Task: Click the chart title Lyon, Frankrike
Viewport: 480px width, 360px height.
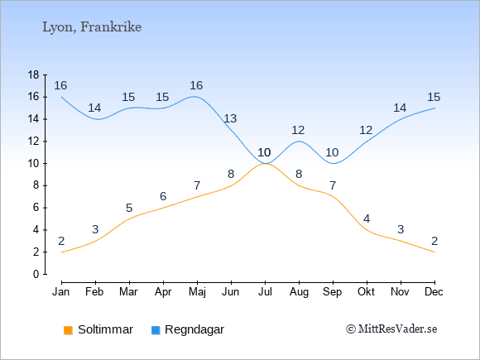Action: (92, 27)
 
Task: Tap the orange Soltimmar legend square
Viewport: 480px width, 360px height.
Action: (68, 330)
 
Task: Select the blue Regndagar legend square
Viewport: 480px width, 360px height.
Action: (156, 330)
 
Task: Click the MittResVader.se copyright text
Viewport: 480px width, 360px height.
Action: (391, 329)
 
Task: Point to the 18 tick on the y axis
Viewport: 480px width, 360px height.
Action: (33, 74)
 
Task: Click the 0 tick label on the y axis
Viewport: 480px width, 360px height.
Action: (36, 274)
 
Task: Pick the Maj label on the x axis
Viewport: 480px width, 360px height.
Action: (197, 292)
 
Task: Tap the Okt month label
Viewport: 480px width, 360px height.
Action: (366, 292)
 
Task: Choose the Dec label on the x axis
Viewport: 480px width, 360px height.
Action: (434, 292)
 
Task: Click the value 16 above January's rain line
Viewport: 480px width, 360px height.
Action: (60, 85)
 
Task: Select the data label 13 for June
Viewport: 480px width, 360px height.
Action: (230, 118)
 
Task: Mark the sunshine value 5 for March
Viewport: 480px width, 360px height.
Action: (129, 209)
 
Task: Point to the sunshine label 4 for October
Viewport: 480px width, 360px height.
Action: (367, 218)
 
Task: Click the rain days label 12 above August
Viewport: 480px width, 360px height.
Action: (298, 131)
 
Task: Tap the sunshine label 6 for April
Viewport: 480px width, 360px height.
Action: (163, 196)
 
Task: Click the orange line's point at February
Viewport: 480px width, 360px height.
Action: (95, 241)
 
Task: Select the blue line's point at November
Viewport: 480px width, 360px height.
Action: (401, 119)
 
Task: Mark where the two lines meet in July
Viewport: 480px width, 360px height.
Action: (265, 164)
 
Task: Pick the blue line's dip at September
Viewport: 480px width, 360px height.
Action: (333, 164)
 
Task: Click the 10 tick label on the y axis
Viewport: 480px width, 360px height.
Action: (33, 164)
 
